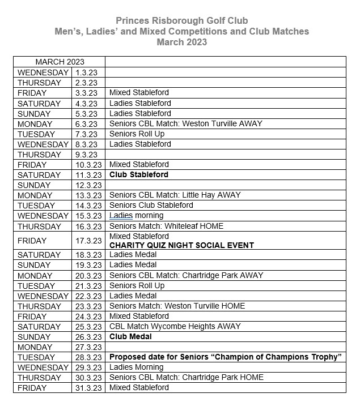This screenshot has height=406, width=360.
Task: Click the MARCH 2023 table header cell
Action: tap(59, 62)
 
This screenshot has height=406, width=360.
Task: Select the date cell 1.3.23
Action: tap(86, 72)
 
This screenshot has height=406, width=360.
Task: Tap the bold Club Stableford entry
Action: tap(138, 174)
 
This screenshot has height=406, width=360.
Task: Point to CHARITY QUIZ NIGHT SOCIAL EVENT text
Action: tap(181, 245)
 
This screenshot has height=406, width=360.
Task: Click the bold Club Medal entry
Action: tap(130, 336)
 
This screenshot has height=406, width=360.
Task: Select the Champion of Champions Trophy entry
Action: tap(225, 357)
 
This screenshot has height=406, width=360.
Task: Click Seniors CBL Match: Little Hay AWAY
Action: tap(175, 195)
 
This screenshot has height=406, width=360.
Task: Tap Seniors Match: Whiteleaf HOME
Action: tap(166, 226)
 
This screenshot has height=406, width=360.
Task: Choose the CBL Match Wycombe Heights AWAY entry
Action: tap(175, 326)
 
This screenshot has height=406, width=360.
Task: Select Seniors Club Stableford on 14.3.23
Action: tap(151, 205)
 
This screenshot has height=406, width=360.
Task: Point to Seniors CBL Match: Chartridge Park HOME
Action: tap(186, 377)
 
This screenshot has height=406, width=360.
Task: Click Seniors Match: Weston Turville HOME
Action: tap(177, 306)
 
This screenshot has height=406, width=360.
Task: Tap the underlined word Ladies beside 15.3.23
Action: tap(120, 215)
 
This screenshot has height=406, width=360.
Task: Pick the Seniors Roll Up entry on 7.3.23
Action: tap(137, 134)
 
